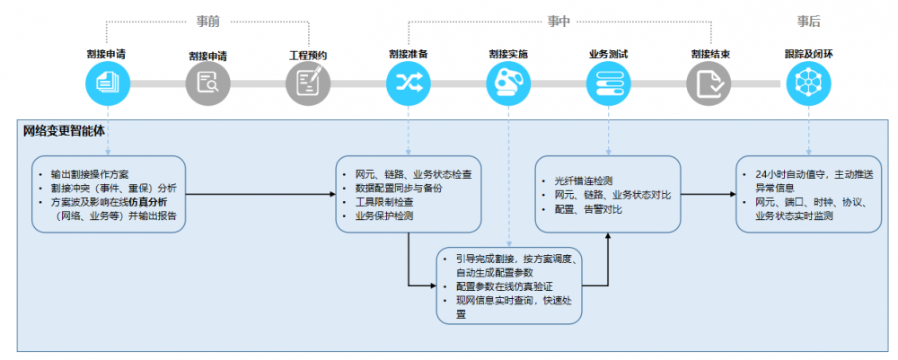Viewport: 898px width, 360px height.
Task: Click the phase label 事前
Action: point(207,21)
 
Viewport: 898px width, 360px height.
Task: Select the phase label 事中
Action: point(559,21)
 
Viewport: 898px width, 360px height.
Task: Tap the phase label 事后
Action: point(808,21)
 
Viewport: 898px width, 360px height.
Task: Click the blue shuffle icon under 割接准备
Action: point(408,83)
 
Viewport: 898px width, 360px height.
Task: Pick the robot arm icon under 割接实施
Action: point(508,83)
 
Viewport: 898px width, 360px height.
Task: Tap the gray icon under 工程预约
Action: point(307,83)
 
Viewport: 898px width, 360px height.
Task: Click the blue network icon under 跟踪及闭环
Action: point(808,83)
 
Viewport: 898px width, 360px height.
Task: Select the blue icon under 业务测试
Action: point(608,83)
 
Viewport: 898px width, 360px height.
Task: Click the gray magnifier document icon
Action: point(207,83)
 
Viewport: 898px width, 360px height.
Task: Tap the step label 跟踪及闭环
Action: point(808,54)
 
